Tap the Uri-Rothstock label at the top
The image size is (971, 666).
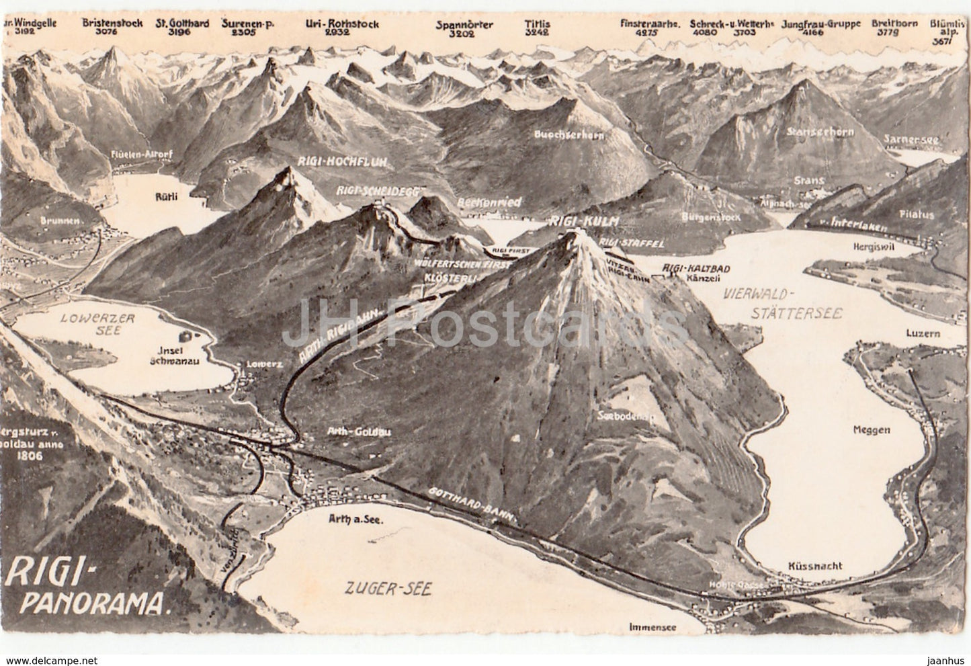341,24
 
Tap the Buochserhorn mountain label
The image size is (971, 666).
570,134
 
